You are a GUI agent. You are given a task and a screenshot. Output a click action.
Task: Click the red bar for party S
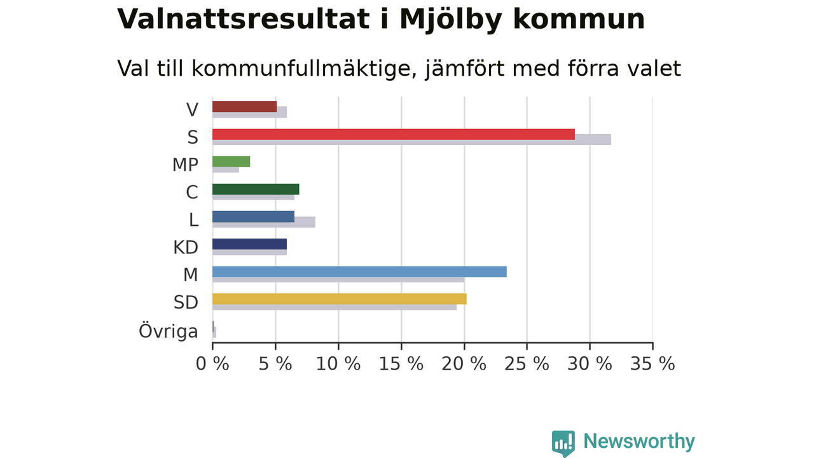[x=394, y=134]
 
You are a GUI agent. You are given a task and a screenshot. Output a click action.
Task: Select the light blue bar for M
[x=359, y=272]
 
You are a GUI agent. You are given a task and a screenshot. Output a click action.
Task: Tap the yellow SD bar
[x=340, y=299]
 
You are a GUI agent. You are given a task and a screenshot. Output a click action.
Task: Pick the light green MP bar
[x=231, y=162]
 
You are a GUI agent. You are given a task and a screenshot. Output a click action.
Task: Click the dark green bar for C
[x=256, y=189]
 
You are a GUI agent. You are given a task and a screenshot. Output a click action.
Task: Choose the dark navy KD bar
[x=250, y=244]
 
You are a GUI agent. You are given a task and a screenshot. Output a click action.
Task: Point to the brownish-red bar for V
[x=245, y=106]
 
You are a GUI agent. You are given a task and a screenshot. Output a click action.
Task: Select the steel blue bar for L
[x=253, y=217]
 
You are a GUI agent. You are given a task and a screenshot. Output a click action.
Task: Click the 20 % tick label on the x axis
[x=464, y=364]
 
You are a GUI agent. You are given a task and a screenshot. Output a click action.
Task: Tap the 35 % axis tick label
[x=652, y=364]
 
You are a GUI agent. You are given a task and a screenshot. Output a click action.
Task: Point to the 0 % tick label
[x=212, y=364]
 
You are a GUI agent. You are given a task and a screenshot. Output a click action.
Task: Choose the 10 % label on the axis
[x=338, y=364]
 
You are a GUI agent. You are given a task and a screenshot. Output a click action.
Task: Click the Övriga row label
[x=169, y=331]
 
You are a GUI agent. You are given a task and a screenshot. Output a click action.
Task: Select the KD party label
[x=186, y=247]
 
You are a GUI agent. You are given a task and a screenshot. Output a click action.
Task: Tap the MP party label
[x=185, y=165]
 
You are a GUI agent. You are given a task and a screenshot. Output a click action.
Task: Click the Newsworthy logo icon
[x=563, y=443]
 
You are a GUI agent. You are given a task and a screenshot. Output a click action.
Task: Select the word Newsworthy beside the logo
[x=639, y=441]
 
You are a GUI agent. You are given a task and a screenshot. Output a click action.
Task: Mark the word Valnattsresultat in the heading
[x=244, y=19]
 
